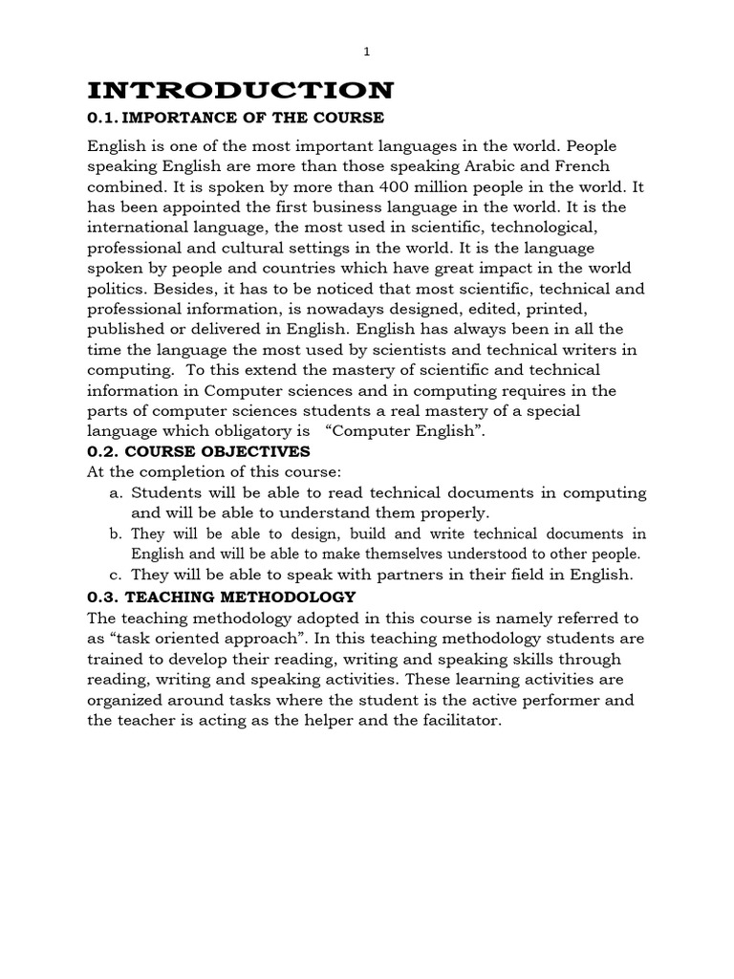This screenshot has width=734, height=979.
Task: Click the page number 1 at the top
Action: coord(367,53)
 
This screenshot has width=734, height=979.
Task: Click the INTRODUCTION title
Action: coord(240,91)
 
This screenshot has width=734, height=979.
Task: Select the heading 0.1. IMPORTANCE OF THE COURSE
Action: coord(235,118)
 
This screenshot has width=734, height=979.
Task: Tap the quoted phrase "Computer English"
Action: coord(418,430)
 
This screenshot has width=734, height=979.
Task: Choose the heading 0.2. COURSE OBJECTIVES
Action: coord(199,451)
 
